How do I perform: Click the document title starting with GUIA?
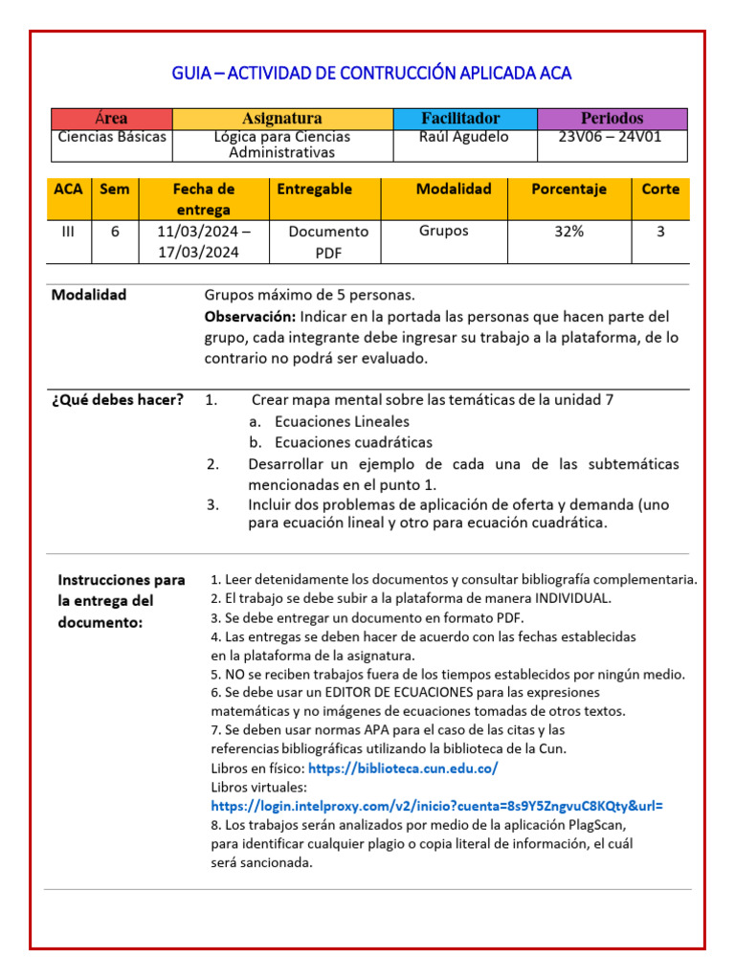click(x=371, y=74)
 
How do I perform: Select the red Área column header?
click(x=111, y=119)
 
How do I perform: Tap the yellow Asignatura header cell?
click(x=281, y=119)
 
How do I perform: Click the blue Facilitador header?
click(x=463, y=119)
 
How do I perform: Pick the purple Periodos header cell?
click(x=612, y=119)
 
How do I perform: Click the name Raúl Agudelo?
click(x=464, y=137)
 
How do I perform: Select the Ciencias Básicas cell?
click(x=112, y=137)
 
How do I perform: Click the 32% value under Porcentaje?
click(x=568, y=232)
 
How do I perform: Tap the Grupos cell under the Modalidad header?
click(x=444, y=231)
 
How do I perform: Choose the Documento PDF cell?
click(x=327, y=241)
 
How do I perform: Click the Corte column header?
click(x=660, y=189)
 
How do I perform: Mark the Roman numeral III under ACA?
click(x=68, y=232)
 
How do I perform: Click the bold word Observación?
click(x=250, y=317)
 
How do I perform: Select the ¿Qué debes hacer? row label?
click(x=118, y=400)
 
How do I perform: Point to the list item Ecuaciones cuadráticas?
click(x=352, y=443)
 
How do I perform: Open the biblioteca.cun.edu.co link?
click(x=403, y=768)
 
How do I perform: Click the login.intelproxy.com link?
click(x=436, y=806)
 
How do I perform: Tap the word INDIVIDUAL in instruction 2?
click(x=549, y=598)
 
